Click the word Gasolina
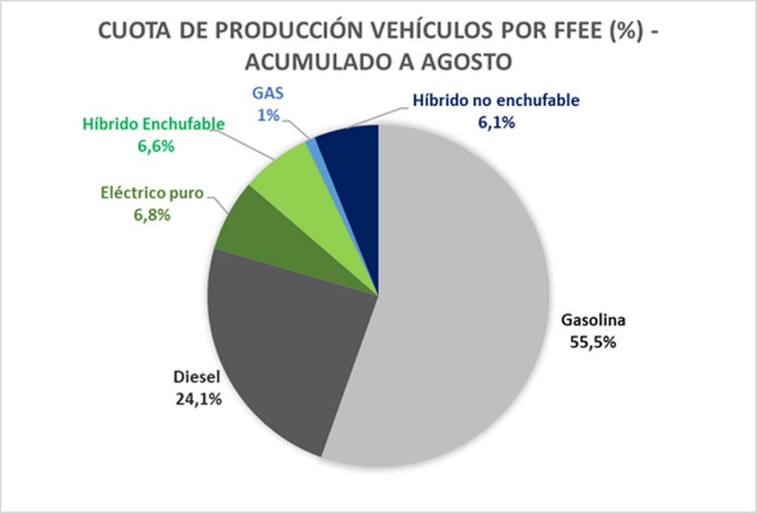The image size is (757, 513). pos(593,321)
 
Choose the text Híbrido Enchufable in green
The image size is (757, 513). pos(154,125)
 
